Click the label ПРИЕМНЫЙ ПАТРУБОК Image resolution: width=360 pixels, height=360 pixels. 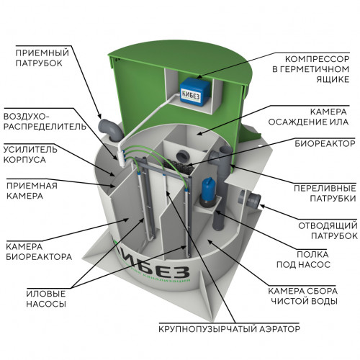[x=42, y=58]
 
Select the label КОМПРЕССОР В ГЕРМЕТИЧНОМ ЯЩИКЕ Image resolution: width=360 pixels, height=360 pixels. [x=311, y=69]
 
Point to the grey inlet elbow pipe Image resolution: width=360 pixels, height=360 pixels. [x=110, y=130]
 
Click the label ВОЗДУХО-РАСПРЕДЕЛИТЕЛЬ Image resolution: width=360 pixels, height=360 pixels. [x=45, y=122]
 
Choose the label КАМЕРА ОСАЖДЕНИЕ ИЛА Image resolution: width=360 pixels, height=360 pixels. [x=308, y=117]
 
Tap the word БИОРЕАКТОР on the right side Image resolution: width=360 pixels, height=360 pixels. [x=325, y=143]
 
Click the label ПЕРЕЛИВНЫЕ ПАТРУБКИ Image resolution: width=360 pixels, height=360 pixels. [x=325, y=193]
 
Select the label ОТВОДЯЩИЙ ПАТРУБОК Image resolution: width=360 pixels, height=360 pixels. [x=328, y=230]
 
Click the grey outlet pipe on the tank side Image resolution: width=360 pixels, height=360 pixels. [x=250, y=199]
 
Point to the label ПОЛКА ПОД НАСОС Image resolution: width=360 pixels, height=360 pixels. [x=304, y=259]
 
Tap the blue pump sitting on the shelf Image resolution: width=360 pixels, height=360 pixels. [x=209, y=192]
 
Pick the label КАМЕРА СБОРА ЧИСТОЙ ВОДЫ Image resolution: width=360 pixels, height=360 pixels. [x=303, y=296]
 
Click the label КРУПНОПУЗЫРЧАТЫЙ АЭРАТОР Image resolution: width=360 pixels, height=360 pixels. [x=229, y=328]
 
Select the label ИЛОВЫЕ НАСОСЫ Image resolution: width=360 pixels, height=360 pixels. [x=46, y=299]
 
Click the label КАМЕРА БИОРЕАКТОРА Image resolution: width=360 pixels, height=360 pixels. [x=39, y=251]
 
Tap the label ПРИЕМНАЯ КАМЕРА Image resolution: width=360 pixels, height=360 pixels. [x=32, y=191]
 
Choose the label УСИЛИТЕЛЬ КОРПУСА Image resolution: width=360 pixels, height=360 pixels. [x=30, y=155]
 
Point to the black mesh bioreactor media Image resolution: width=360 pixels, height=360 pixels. [x=178, y=166]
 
